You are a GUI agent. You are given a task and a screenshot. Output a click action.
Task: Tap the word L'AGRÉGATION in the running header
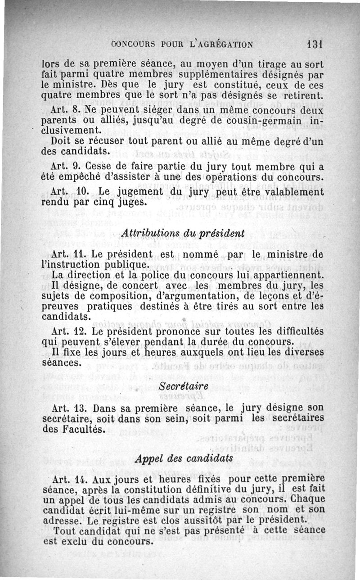coord(219,45)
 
